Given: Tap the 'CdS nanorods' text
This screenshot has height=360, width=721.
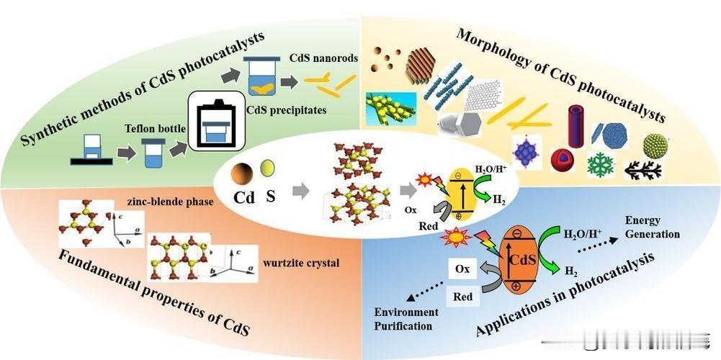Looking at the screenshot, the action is coord(323,58).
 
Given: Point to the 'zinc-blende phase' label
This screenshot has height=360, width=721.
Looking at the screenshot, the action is coord(170,202).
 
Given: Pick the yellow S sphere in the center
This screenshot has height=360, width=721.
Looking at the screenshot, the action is coord(267,169).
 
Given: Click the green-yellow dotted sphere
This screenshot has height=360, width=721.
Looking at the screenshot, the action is coord(655,145).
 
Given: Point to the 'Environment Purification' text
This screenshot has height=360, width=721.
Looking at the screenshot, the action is coord(406,318).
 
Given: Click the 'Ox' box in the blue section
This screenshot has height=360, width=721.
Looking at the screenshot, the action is coord(463,269).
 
